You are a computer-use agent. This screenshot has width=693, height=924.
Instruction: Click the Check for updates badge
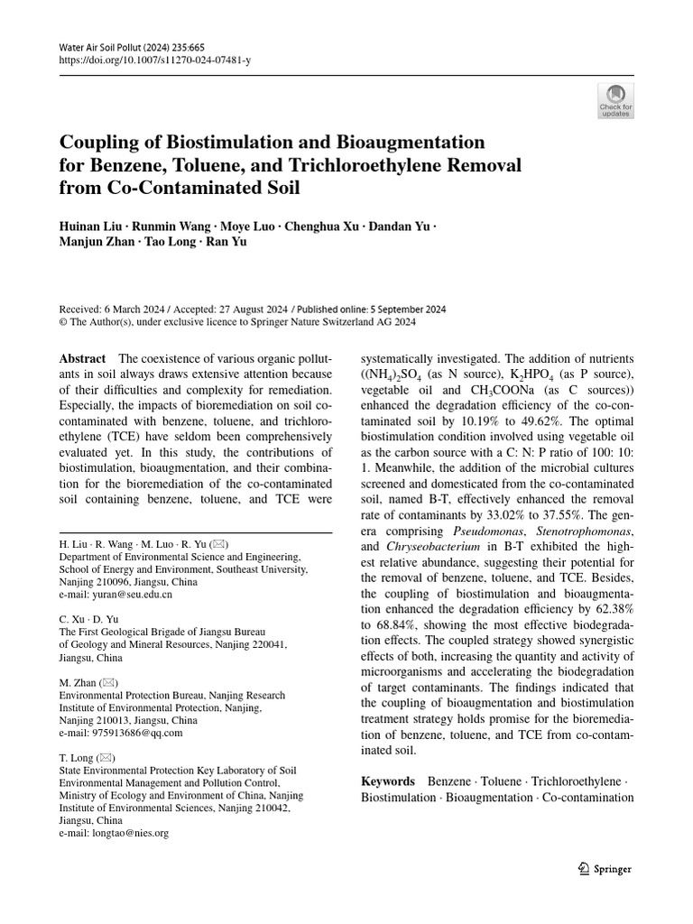(x=615, y=101)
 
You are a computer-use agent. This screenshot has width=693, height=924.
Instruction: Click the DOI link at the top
(x=143, y=59)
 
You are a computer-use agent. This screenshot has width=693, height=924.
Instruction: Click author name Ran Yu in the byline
(x=228, y=241)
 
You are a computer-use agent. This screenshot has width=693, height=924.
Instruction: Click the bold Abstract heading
(x=81, y=358)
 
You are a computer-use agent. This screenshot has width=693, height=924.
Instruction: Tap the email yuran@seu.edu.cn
(x=115, y=596)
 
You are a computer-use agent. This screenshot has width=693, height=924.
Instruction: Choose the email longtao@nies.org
(x=114, y=834)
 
